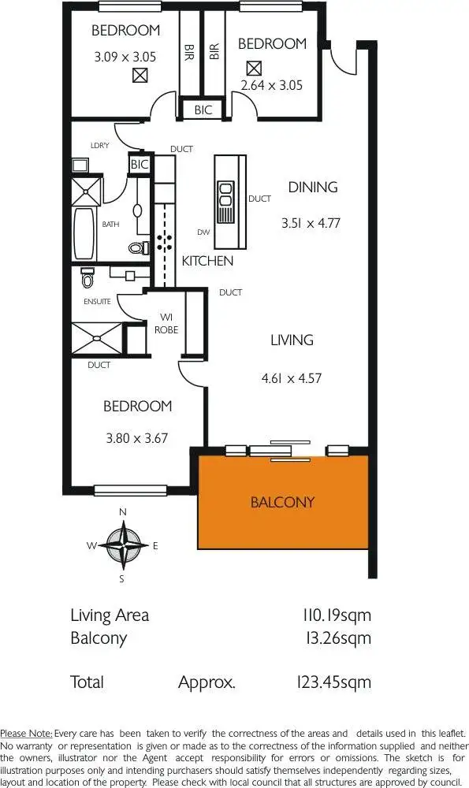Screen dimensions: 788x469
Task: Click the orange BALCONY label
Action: [x=282, y=502]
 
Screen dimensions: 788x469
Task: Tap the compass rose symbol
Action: [x=122, y=545]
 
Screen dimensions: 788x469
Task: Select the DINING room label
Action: [x=312, y=187]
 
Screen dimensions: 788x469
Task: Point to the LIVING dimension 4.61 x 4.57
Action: [x=292, y=378]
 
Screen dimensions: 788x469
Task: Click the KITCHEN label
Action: [x=207, y=261]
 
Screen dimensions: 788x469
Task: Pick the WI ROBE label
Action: [x=166, y=324]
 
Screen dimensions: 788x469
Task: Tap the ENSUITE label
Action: [x=96, y=302]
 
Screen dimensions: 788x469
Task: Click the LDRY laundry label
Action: [x=99, y=146]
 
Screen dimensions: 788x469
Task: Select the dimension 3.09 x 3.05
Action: [x=125, y=57]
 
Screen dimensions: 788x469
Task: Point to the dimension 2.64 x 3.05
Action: [x=271, y=85]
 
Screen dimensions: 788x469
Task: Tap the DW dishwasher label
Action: [x=203, y=232]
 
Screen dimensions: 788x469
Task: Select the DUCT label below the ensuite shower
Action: [x=99, y=366]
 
